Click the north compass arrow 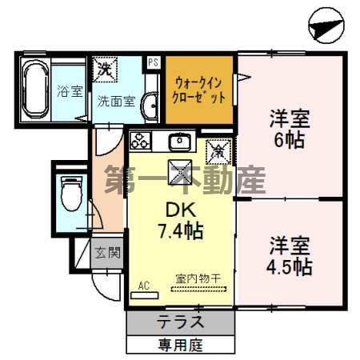tap(325, 27)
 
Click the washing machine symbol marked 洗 tap(105, 69)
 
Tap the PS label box tap(152, 61)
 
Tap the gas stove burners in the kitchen tap(141, 142)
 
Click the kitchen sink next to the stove tap(178, 142)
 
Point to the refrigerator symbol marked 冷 tap(216, 149)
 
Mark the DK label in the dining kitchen tap(180, 210)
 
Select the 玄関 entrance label tap(107, 254)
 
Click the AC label tap(144, 284)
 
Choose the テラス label tap(183, 323)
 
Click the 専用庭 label tap(183, 346)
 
